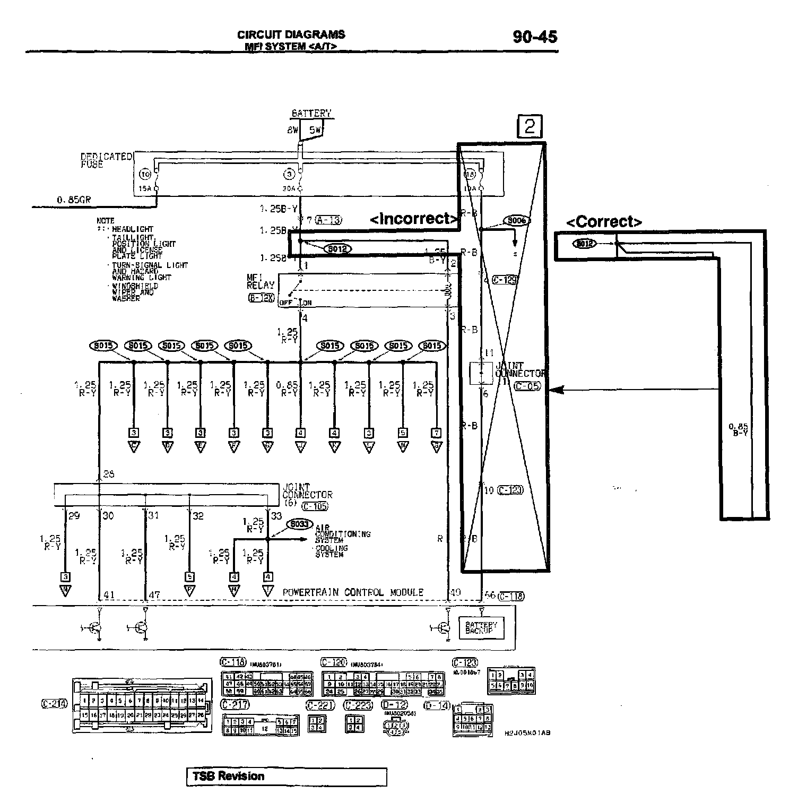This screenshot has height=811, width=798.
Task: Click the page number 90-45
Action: [535, 37]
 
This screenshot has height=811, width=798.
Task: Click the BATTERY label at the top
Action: [311, 113]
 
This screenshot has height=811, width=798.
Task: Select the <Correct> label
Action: [604, 221]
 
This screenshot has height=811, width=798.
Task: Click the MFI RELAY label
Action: [261, 281]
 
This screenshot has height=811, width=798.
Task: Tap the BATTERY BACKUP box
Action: [481, 627]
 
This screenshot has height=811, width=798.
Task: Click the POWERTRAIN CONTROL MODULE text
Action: [353, 592]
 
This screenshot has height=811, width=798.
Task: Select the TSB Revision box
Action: [287, 776]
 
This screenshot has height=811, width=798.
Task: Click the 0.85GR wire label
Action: [74, 200]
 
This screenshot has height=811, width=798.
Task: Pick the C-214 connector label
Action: [54, 704]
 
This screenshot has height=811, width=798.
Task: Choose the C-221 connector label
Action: [317, 705]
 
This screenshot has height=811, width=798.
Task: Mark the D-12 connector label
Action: [394, 705]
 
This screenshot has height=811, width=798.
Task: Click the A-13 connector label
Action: [329, 220]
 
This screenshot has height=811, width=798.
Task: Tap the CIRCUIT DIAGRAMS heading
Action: [291, 34]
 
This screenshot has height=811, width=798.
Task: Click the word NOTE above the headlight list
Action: [105, 220]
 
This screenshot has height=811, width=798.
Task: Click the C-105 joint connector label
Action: [315, 506]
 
